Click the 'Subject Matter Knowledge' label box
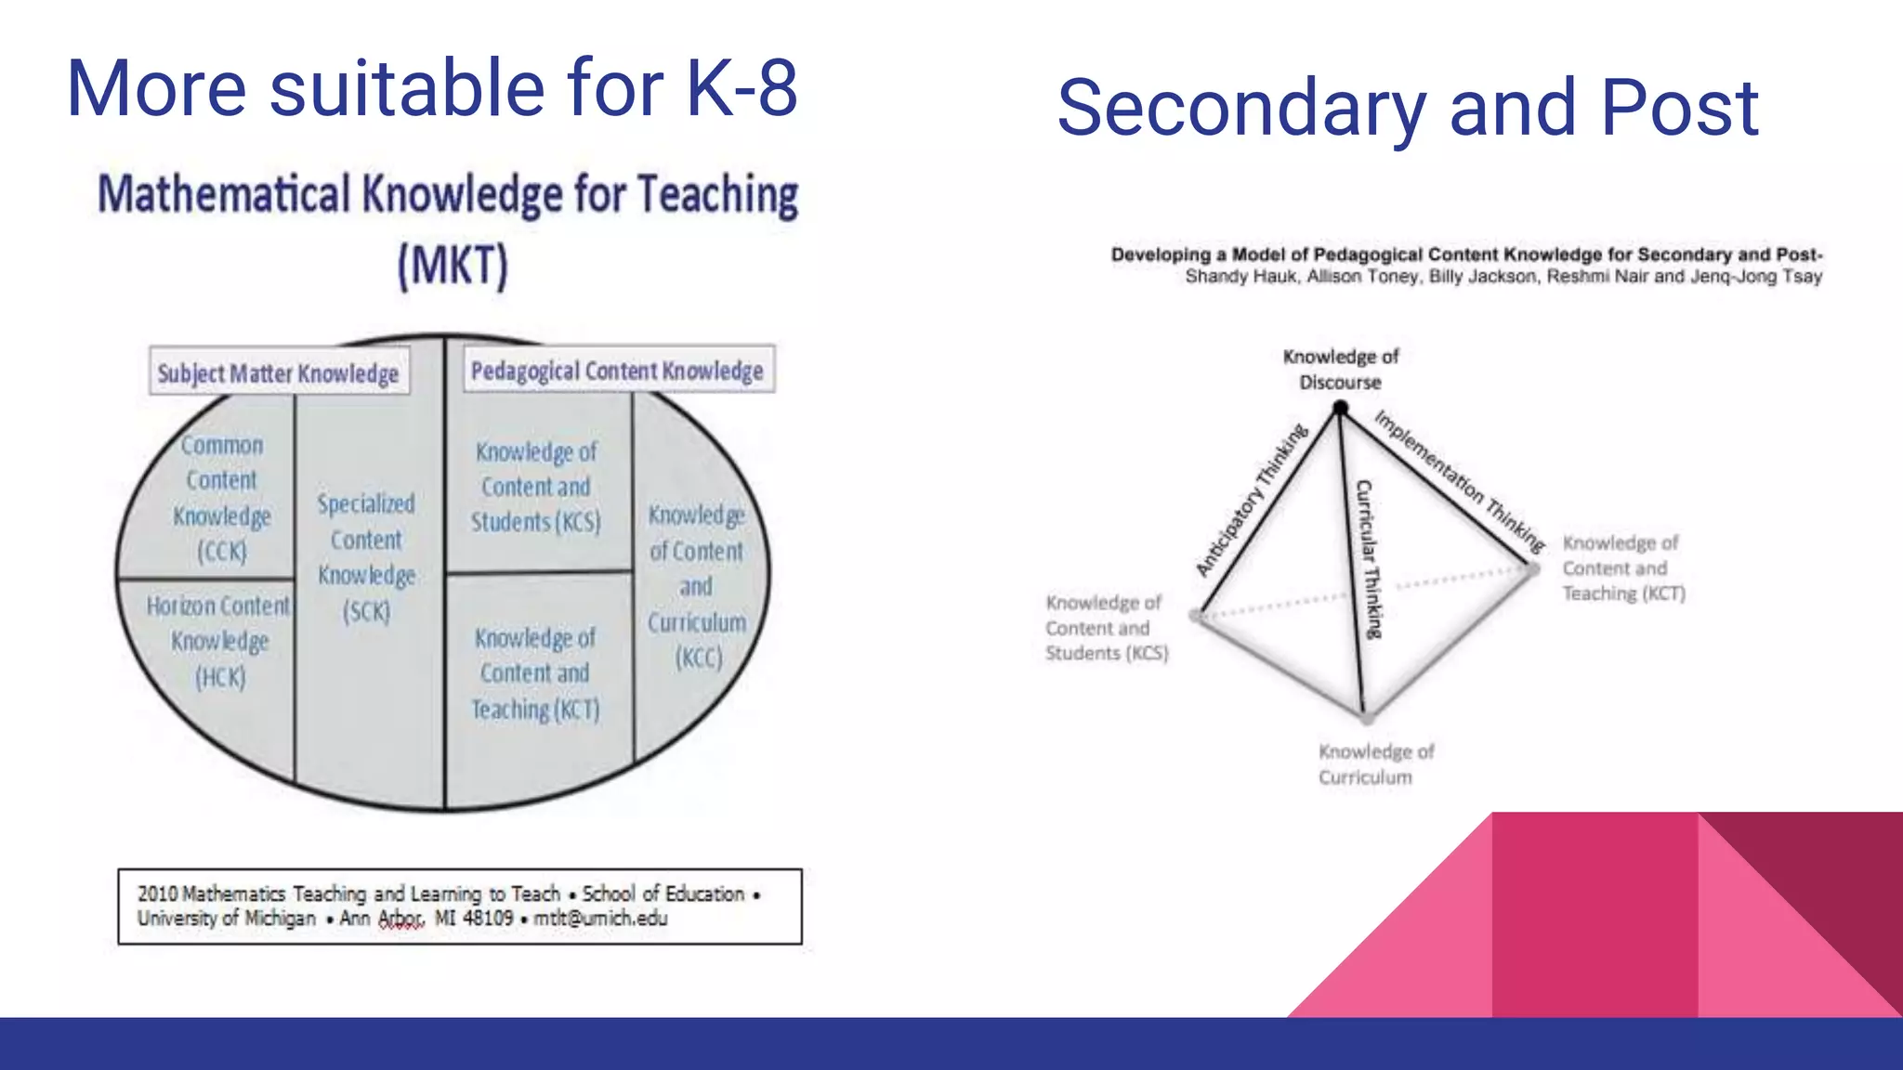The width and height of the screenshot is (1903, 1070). pyautogui.click(x=279, y=372)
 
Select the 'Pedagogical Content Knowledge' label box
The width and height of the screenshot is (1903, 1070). pyautogui.click(x=618, y=371)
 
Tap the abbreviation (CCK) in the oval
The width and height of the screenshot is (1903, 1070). pyautogui.click(x=222, y=552)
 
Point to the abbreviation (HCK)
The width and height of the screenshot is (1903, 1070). pyautogui.click(x=220, y=678)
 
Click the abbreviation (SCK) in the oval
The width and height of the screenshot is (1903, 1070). pyautogui.click(x=366, y=612)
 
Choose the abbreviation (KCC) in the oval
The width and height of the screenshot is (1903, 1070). pyautogui.click(x=698, y=659)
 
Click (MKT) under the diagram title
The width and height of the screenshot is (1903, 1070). pyautogui.click(x=453, y=266)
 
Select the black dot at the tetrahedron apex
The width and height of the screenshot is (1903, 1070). pyautogui.click(x=1340, y=407)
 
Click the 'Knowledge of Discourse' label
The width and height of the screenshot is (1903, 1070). pyautogui.click(x=1340, y=369)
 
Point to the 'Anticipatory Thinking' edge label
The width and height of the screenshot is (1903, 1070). pyautogui.click(x=1251, y=500)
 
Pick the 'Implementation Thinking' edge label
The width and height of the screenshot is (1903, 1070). pyautogui.click(x=1459, y=479)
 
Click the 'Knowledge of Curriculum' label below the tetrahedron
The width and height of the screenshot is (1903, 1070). pyautogui.click(x=1375, y=763)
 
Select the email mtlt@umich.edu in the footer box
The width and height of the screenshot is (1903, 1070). pyautogui.click(x=600, y=919)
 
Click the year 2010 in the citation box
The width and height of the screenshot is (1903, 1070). pyautogui.click(x=157, y=894)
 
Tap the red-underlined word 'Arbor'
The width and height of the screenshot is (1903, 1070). pyautogui.click(x=400, y=919)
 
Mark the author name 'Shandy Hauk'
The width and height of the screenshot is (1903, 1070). pyautogui.click(x=1240, y=277)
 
